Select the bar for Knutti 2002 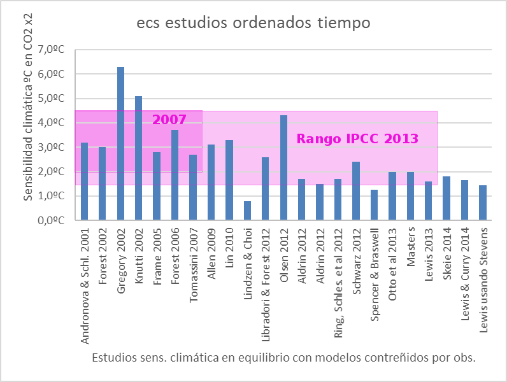point(138,159)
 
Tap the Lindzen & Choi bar point(247,211)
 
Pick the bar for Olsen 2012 point(283,168)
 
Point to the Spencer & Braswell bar point(374,205)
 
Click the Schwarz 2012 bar point(356,191)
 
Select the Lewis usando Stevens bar point(483,203)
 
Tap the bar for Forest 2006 point(175,175)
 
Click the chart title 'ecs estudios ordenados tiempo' point(253,24)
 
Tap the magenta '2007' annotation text point(169,120)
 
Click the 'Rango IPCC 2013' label point(358,138)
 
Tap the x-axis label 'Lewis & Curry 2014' point(465,274)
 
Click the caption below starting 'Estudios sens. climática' point(283,357)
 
